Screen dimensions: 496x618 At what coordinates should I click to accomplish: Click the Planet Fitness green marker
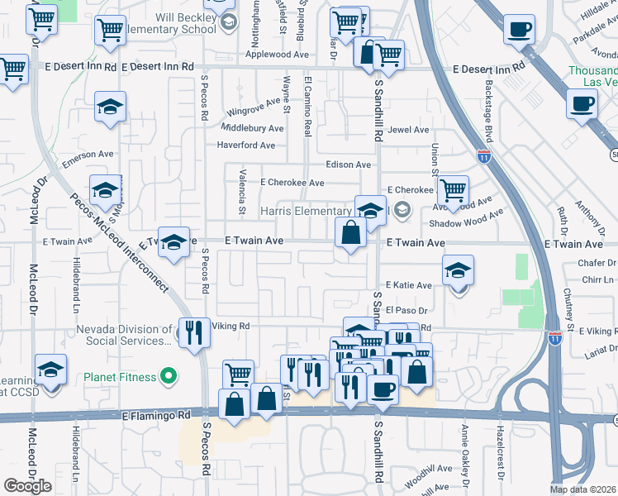(169, 377)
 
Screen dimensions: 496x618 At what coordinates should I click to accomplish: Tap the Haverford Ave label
(245, 145)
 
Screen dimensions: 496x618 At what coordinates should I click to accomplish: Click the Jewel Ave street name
(409, 130)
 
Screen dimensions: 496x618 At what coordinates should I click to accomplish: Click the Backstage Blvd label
(489, 117)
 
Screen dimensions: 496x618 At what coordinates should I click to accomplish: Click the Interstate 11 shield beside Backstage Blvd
(483, 155)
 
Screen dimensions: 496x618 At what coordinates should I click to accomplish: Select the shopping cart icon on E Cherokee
(453, 190)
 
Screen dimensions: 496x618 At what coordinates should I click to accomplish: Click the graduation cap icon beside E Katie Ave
(458, 269)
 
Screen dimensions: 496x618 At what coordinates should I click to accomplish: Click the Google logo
(27, 485)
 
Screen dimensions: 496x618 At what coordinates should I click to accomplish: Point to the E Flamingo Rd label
(156, 415)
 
